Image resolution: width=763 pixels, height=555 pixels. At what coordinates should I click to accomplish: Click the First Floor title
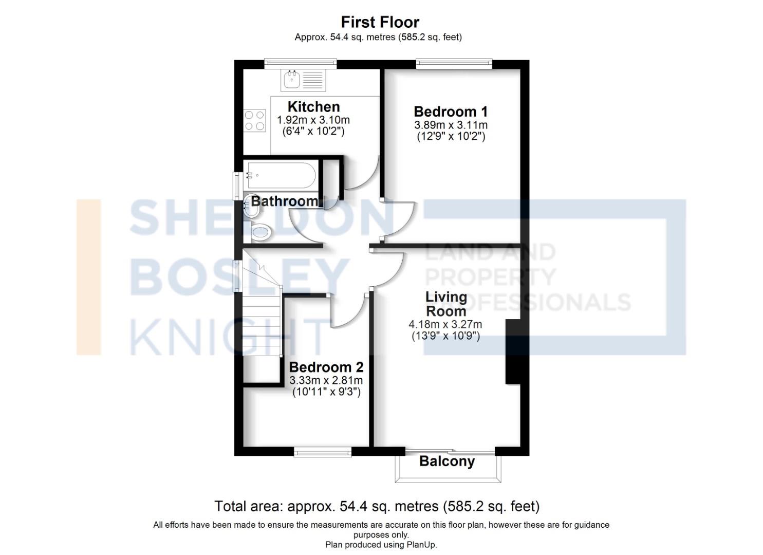(x=380, y=22)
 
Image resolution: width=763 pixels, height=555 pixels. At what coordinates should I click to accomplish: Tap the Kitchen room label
(x=313, y=107)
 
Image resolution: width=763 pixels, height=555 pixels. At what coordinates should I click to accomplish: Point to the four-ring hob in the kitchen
(x=255, y=120)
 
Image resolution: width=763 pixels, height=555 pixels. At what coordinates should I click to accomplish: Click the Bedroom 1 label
(x=451, y=112)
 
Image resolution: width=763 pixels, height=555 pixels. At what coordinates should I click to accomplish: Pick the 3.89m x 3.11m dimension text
(x=451, y=125)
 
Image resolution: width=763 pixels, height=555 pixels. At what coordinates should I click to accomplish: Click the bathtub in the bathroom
(x=281, y=175)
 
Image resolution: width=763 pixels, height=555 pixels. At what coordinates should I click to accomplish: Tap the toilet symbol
(x=259, y=232)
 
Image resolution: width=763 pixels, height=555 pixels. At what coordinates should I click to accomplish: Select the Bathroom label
(x=284, y=201)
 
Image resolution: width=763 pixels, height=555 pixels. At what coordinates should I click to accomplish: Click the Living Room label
(x=446, y=304)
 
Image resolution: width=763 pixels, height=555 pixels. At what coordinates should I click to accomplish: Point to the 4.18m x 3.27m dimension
(x=445, y=324)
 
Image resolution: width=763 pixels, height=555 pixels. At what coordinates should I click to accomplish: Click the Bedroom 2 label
(x=326, y=367)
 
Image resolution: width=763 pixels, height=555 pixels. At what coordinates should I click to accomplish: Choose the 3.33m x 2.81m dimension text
(x=326, y=381)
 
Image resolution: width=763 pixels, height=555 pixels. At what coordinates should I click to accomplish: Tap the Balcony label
(x=447, y=461)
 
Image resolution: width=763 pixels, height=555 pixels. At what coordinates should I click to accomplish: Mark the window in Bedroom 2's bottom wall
(x=323, y=452)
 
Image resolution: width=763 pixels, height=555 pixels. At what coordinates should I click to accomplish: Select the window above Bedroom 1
(x=454, y=64)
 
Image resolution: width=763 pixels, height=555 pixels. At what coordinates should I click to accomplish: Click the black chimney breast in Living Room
(x=513, y=351)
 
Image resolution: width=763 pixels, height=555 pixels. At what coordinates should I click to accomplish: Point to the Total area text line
(x=377, y=507)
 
